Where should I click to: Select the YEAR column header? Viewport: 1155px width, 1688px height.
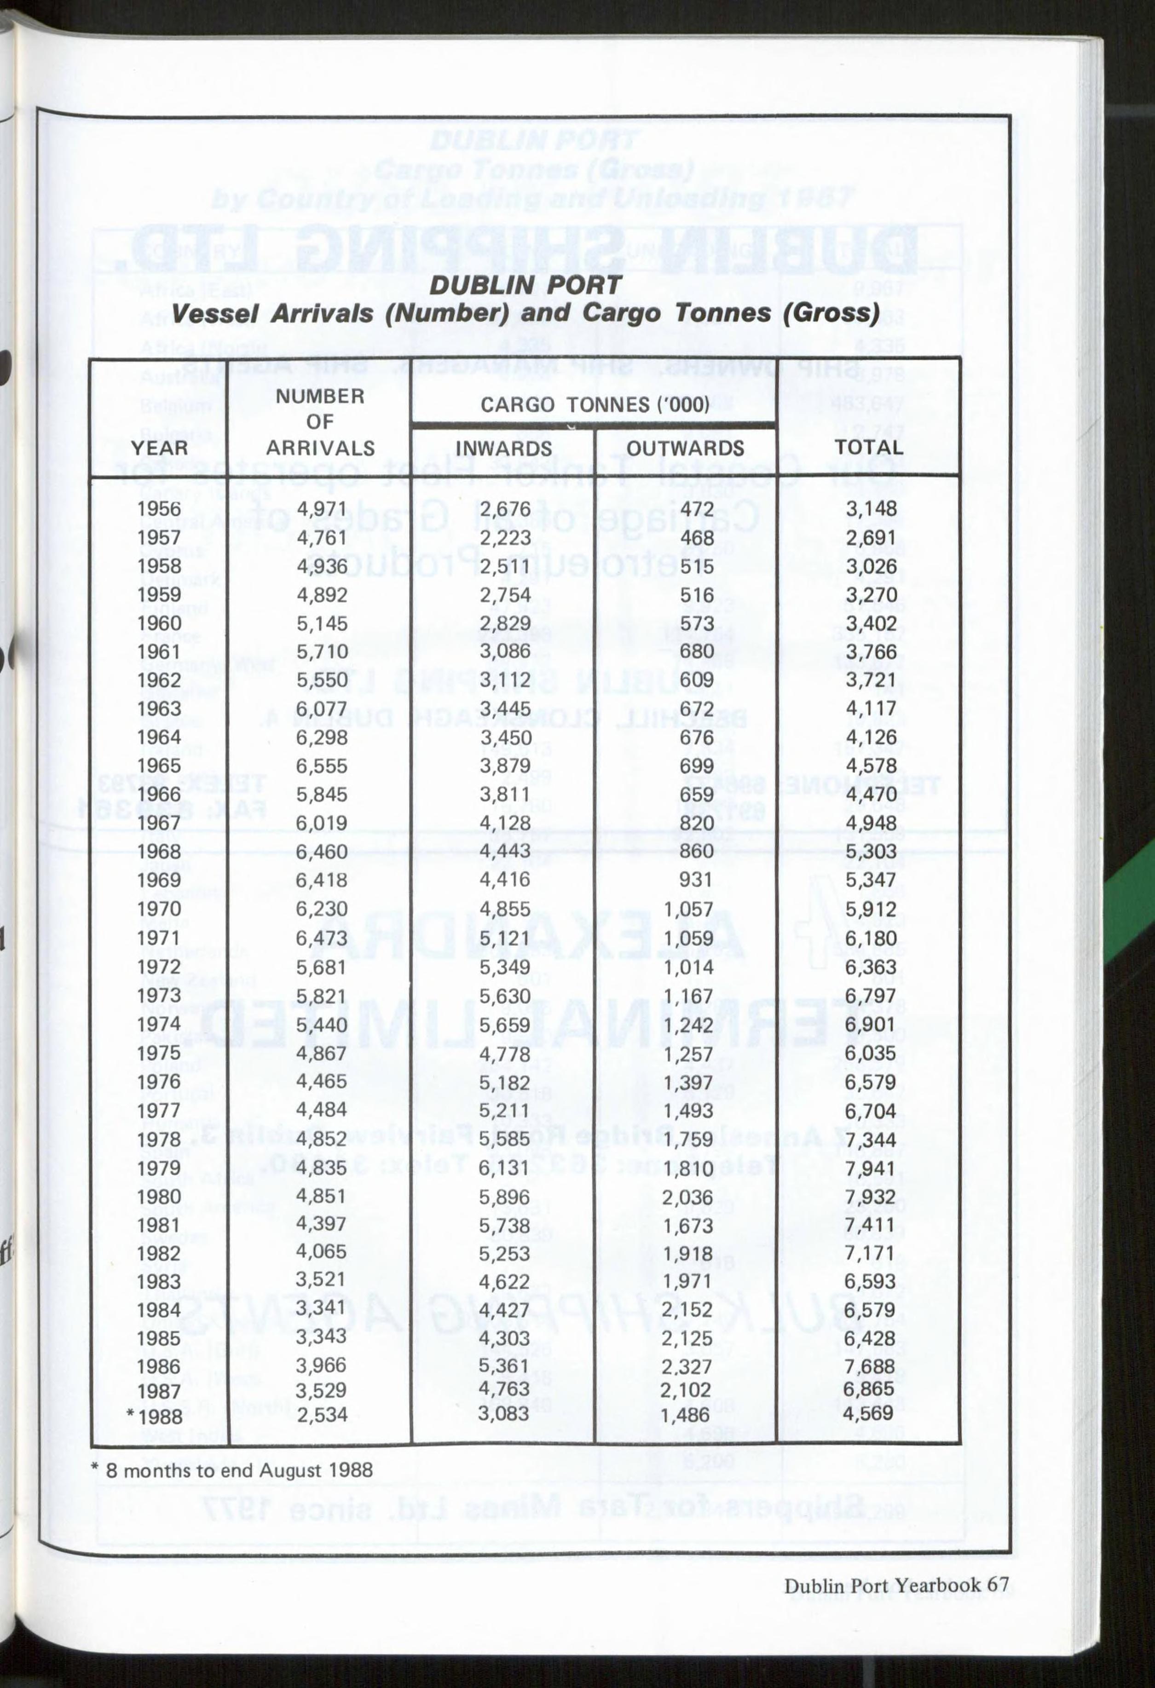click(x=159, y=448)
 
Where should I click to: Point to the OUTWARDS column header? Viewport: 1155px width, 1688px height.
click(x=685, y=448)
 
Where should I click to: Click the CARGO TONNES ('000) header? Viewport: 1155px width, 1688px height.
click(x=594, y=404)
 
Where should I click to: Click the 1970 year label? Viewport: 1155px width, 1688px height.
click(x=159, y=910)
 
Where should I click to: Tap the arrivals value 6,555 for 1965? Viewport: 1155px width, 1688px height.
click(x=321, y=766)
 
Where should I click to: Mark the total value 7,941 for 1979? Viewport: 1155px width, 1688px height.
click(x=870, y=1168)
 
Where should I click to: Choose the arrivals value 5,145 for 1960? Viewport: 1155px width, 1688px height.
click(x=321, y=623)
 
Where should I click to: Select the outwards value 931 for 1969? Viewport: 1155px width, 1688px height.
click(x=695, y=880)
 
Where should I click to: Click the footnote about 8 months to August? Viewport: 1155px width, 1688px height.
click(x=232, y=1470)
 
